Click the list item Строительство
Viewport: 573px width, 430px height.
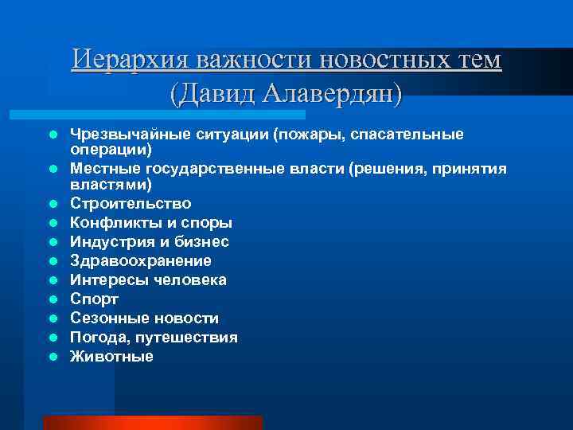coord(131,203)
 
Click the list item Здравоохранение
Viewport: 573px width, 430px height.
coord(141,260)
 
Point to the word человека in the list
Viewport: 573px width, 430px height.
coord(191,279)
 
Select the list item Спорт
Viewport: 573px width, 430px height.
coord(94,299)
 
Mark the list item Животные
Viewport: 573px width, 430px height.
coord(111,356)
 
